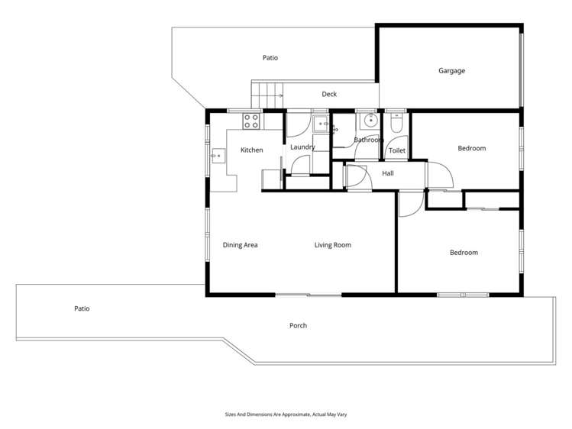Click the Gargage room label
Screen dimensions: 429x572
(451, 71)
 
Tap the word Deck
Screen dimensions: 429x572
(329, 95)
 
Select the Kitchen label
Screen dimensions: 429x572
(251, 150)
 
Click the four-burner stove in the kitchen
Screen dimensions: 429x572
(252, 121)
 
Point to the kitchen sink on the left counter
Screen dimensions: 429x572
(218, 156)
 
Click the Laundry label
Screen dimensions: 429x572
(302, 147)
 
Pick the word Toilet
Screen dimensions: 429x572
(397, 151)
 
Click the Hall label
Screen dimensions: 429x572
(388, 174)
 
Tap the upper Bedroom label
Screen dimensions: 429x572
(471, 149)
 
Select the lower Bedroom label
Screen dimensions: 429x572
(463, 253)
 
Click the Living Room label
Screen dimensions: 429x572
(333, 245)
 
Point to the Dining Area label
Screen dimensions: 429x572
(240, 245)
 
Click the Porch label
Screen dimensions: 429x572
(298, 326)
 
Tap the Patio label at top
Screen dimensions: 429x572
(270, 58)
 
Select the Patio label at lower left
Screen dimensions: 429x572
(82, 309)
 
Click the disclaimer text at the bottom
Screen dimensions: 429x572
(286, 414)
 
